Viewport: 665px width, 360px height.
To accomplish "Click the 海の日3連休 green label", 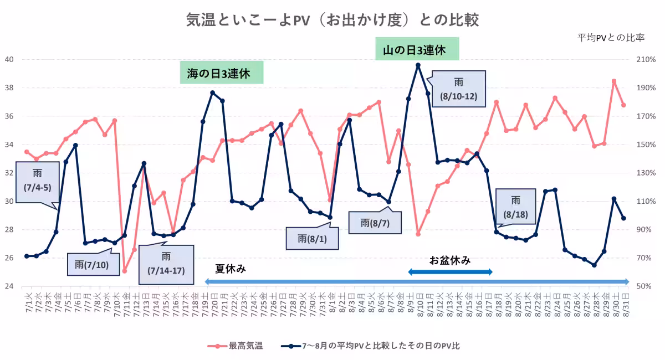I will click(x=221, y=73).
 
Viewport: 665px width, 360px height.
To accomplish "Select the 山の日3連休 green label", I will click(x=417, y=49).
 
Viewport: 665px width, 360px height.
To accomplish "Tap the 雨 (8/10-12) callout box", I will click(x=459, y=89).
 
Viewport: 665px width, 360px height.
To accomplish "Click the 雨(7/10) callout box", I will click(x=94, y=264).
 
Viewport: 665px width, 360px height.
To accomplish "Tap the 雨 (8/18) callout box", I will click(x=515, y=206).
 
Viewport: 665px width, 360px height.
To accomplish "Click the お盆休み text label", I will click(x=450, y=260).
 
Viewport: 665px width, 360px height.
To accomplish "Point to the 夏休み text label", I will click(x=231, y=269).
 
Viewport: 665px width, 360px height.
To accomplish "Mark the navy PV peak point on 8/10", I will click(x=418, y=65).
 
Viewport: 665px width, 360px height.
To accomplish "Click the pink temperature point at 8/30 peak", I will click(x=614, y=81).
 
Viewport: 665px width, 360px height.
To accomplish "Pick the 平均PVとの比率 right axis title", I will click(x=611, y=38).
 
